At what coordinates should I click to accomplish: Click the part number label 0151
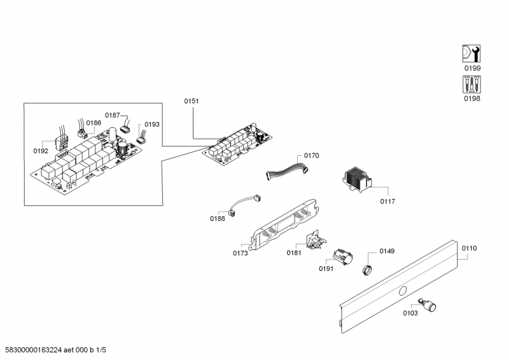tap(192, 101)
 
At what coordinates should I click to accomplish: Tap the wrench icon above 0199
tap(471, 54)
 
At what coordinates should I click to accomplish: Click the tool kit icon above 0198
tap(471, 85)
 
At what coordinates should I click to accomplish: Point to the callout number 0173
tap(241, 253)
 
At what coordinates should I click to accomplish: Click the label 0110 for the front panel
tap(469, 248)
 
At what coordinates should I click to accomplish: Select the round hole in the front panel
tap(402, 291)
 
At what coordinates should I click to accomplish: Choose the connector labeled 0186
tap(81, 133)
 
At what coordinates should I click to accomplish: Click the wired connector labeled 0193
tap(141, 134)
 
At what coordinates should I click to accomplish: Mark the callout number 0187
tap(112, 115)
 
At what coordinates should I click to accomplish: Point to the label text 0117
tap(387, 202)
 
